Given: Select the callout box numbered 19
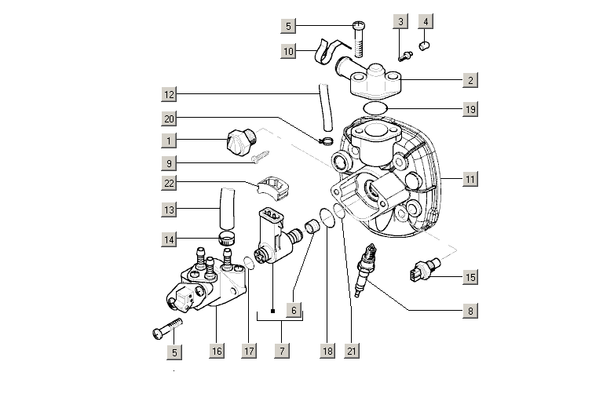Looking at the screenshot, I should click(470, 109).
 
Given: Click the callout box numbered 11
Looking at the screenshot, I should click(470, 180).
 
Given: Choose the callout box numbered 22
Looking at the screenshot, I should click(169, 183).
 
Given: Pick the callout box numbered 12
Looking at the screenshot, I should click(169, 95).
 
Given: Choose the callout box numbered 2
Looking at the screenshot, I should click(470, 80).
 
